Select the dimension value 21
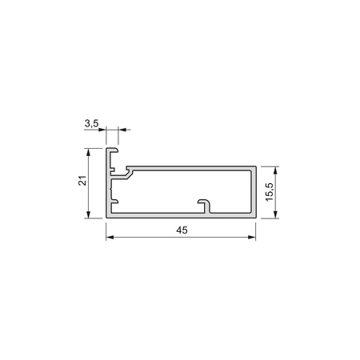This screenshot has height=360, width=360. coord(82,182)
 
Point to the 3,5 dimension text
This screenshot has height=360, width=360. coord(91,124)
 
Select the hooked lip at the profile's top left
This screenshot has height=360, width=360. coord(114,151)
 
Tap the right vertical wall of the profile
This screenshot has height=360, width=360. coord(254,192)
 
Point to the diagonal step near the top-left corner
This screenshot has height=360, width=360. coord(127,171)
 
